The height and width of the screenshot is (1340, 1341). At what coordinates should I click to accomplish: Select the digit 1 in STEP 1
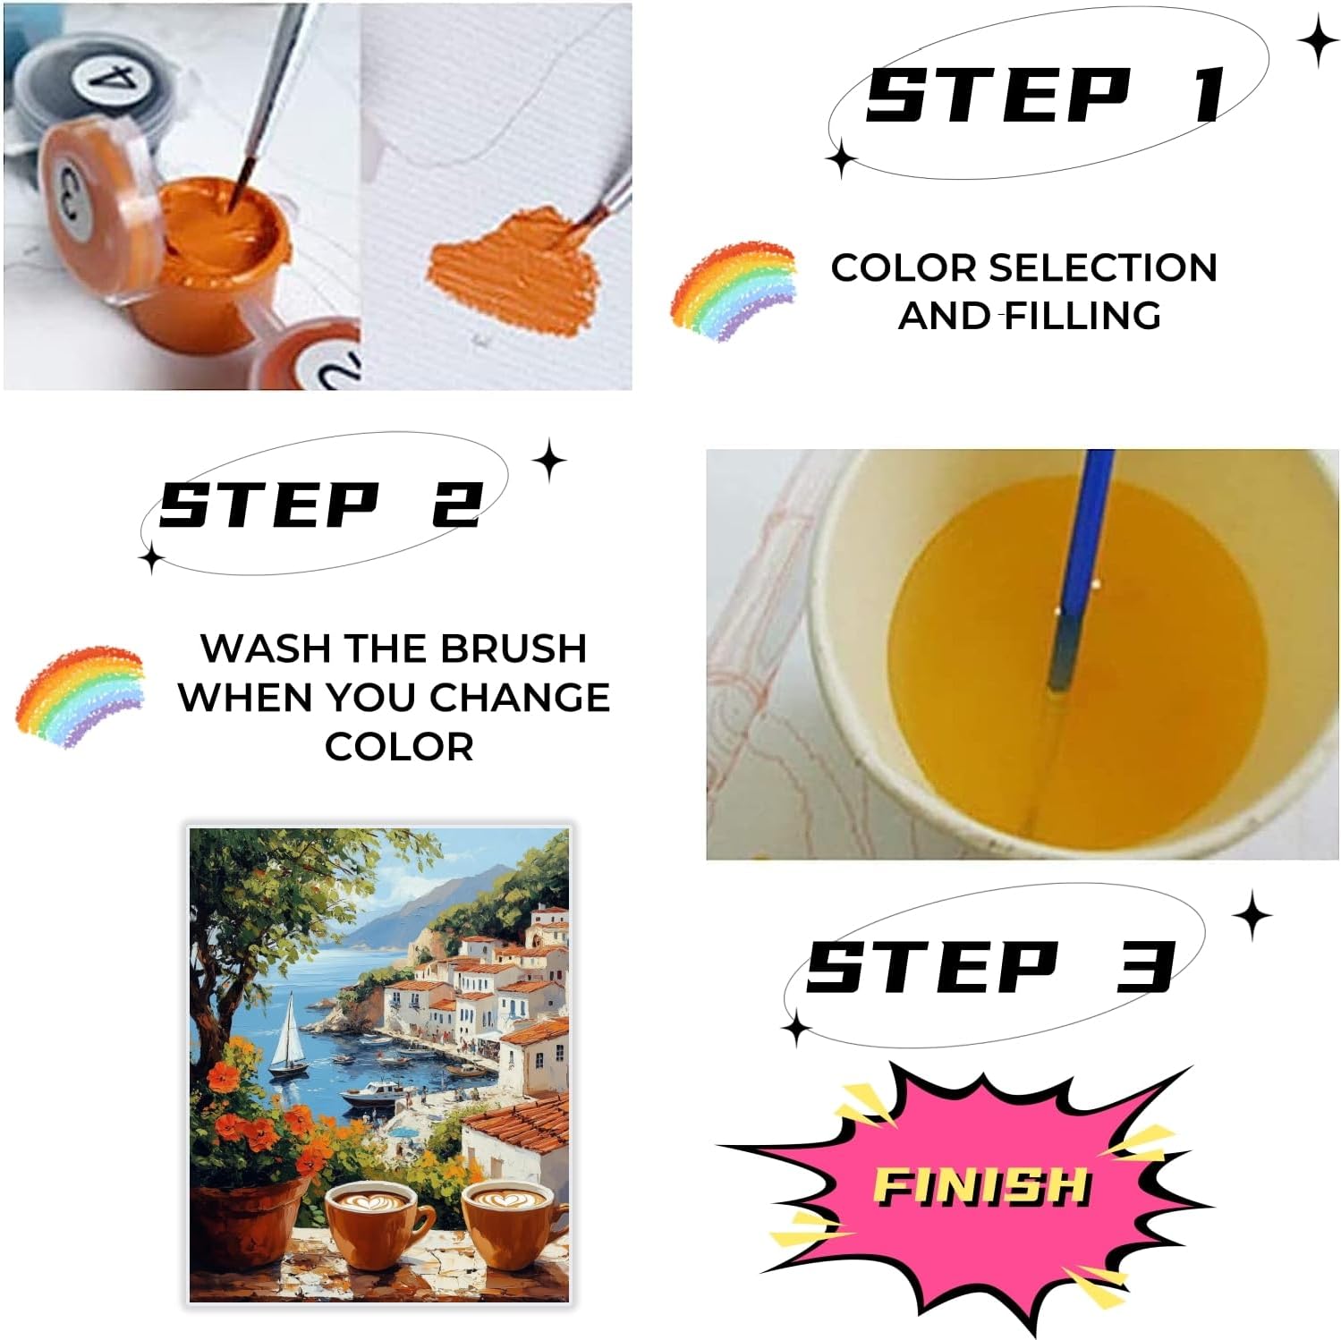click(x=1211, y=95)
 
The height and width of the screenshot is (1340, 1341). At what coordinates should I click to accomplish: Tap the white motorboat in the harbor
click(x=375, y=1094)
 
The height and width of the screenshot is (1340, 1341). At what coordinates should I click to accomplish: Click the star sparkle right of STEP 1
click(x=1318, y=41)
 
